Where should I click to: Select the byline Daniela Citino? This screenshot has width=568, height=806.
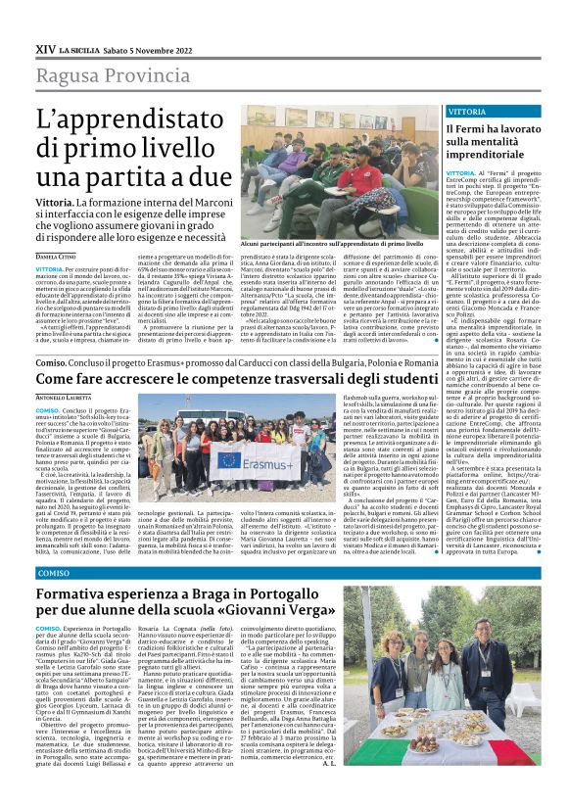point(58,255)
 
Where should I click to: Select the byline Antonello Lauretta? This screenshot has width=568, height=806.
point(64,396)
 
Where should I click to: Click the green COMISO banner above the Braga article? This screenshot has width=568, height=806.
point(55,572)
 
